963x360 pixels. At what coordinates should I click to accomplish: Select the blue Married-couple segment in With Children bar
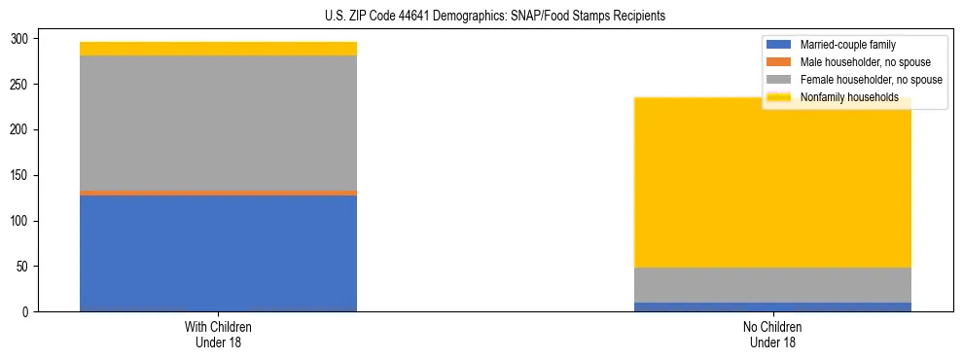coord(218,253)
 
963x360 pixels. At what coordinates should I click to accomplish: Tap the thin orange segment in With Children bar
coord(218,193)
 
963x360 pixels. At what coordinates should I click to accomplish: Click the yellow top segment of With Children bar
coord(218,49)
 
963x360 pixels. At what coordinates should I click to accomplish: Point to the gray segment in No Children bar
coord(772,285)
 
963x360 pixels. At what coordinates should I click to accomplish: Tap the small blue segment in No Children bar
coord(772,306)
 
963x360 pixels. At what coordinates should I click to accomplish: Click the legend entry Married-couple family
coord(847,45)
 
